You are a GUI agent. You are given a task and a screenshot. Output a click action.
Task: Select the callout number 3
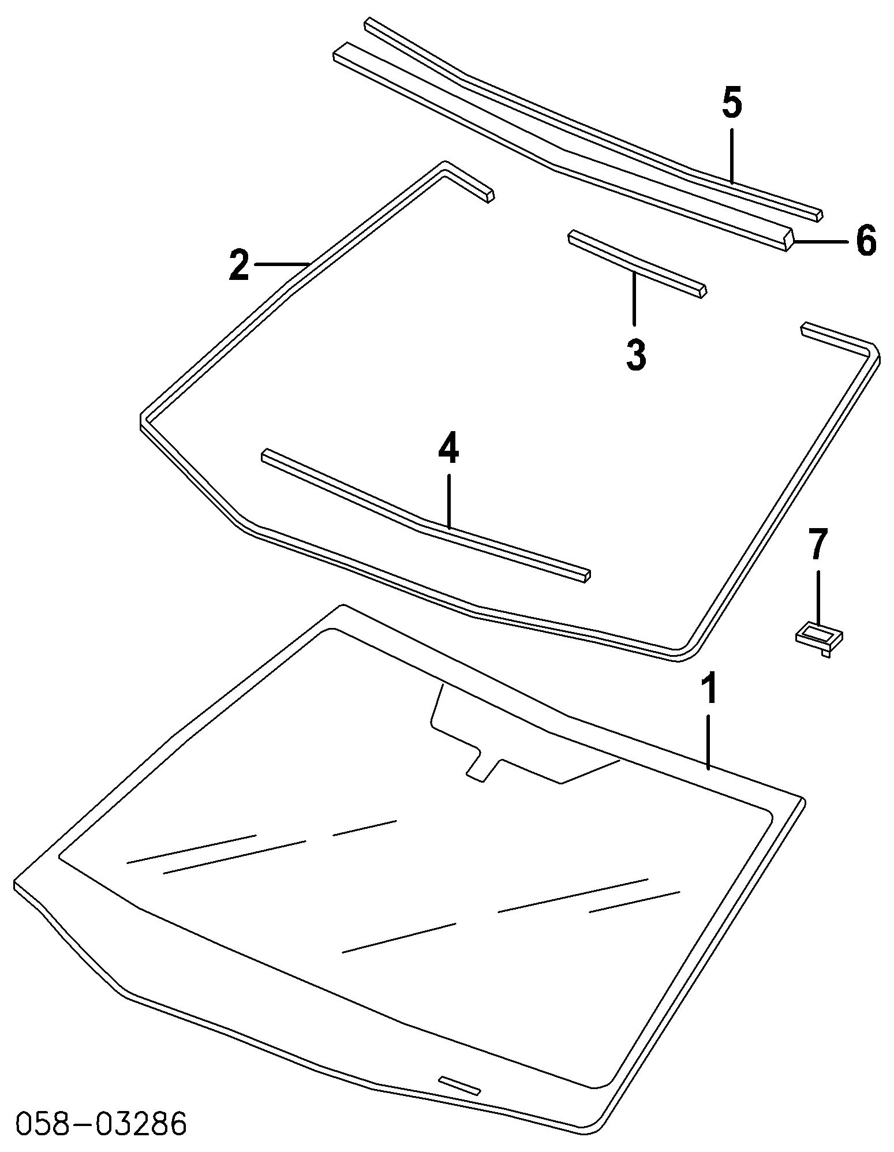(x=635, y=354)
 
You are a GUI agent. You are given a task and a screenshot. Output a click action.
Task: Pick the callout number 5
(x=731, y=103)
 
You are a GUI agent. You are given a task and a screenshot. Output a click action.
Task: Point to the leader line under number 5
(x=731, y=156)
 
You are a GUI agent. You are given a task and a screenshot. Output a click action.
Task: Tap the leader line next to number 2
(x=282, y=264)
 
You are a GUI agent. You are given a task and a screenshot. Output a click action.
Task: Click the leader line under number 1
(x=709, y=742)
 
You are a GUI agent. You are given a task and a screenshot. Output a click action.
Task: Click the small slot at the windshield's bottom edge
(x=459, y=1084)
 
